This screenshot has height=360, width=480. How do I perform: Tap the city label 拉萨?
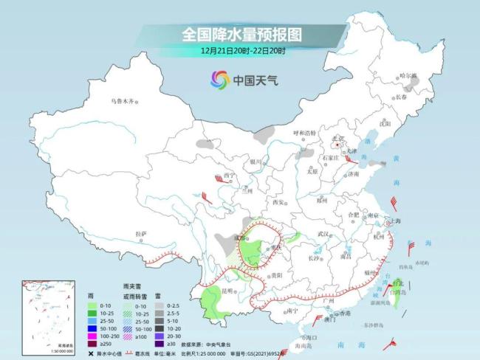coord(141,234)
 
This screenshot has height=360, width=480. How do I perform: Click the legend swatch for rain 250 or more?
coord(92,342)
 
